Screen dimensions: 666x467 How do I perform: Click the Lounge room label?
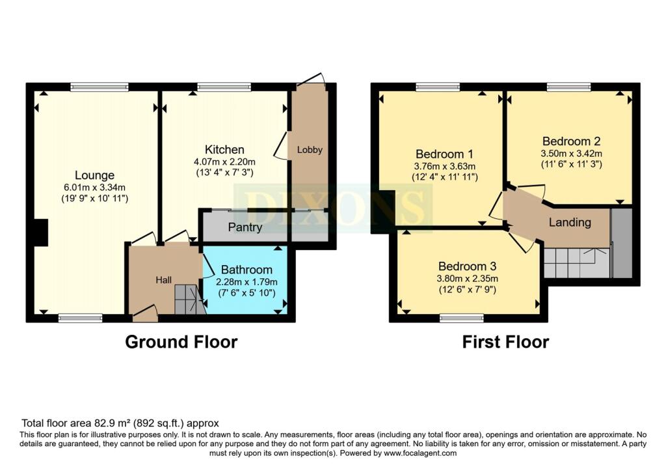(x=94, y=175)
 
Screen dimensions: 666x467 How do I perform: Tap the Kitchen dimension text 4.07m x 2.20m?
(x=224, y=162)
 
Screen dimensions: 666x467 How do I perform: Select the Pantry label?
(x=245, y=227)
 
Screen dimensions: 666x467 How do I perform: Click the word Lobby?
(x=310, y=150)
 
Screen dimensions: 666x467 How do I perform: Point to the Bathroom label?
(x=246, y=270)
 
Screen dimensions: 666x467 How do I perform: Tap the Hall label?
(x=163, y=280)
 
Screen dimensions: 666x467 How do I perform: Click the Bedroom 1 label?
(x=444, y=154)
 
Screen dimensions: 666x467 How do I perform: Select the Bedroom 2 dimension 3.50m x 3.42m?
(x=571, y=154)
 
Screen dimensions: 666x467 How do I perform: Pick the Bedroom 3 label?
(x=467, y=266)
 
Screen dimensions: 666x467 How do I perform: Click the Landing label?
(x=570, y=223)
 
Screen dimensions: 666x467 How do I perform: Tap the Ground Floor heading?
(x=181, y=342)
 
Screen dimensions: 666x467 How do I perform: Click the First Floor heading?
(x=505, y=342)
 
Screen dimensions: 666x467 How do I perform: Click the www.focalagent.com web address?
(x=420, y=453)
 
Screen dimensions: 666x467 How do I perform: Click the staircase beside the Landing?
(x=577, y=263)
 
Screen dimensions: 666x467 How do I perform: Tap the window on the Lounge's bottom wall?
(x=80, y=318)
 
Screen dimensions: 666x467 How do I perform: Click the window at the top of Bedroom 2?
(x=569, y=87)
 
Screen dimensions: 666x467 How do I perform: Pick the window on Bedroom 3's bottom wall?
(x=462, y=318)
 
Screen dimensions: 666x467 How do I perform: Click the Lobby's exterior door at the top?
(x=312, y=81)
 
